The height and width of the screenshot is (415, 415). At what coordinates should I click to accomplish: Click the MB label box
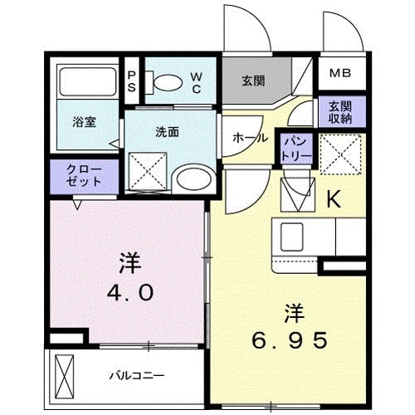341,72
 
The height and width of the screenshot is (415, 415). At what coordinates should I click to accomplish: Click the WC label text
197,82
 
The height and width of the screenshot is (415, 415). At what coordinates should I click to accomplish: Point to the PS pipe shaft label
131,82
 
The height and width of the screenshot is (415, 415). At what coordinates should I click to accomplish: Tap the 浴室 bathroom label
84,122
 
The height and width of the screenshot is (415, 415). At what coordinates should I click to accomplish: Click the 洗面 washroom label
168,131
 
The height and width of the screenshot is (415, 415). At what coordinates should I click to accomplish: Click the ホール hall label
249,137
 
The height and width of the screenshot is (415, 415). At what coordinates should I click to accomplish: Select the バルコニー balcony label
136,375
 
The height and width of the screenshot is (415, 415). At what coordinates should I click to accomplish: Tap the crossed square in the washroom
149,169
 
